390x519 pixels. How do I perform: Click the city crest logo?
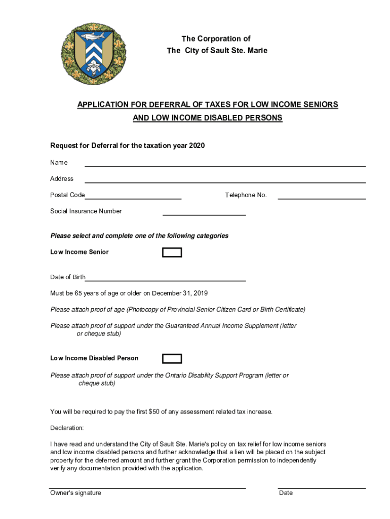pos(93,53)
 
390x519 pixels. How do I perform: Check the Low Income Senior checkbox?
pos(172,252)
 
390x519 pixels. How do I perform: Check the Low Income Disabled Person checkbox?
pos(172,359)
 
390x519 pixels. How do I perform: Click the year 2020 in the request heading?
pos(197,146)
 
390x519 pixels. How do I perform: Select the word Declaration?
pos(67,428)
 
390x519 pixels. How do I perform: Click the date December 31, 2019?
pos(180,293)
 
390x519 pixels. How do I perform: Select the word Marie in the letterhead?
pos(257,51)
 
